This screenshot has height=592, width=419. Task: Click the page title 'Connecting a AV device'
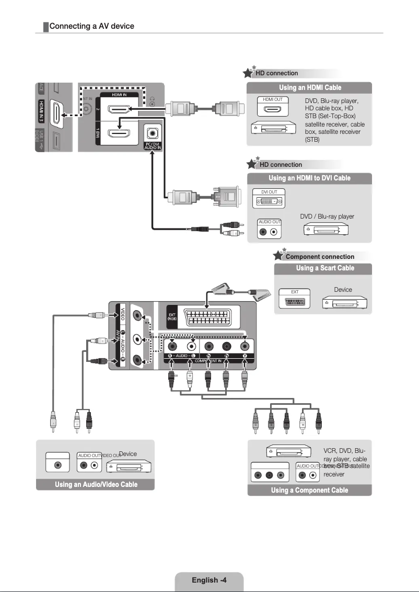point(92,26)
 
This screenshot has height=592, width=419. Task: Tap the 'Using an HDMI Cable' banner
point(310,87)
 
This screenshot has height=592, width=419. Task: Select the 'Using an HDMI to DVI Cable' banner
point(310,178)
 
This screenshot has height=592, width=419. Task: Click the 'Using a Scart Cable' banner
point(324,268)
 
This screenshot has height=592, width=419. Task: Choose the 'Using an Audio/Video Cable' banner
point(96,484)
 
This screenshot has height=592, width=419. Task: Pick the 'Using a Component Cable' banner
point(309,490)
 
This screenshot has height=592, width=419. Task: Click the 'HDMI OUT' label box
point(272,99)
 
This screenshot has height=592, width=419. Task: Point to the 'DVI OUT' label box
point(269,192)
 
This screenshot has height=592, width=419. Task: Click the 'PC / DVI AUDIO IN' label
point(153,146)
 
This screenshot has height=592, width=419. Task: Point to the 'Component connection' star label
point(320,257)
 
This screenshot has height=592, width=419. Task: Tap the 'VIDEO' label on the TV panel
point(123,315)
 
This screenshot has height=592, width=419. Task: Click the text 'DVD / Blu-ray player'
point(327,217)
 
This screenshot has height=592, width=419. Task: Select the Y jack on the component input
point(245,346)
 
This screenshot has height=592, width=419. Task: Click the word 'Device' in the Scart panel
point(343,290)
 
